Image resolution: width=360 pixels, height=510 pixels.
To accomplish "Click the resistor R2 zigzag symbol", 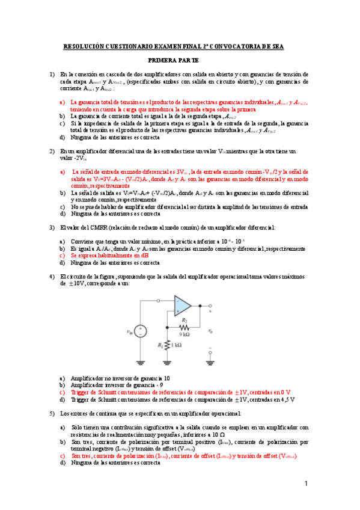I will pos(186,328).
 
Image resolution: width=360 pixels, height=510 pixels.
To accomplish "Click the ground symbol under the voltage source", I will pos(140,362).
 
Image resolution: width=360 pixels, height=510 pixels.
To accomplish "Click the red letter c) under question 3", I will pos(62,255).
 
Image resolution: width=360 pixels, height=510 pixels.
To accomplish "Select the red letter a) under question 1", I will pos(62,102).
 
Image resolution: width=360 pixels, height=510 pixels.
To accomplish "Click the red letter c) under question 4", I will pos(62,392).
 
